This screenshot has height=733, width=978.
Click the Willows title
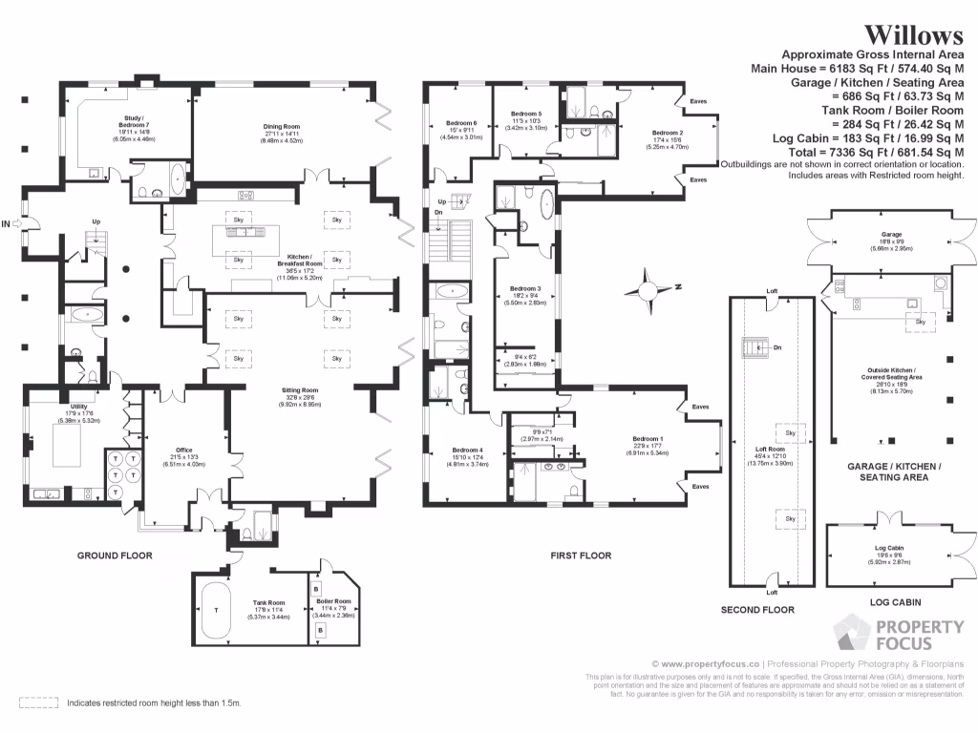point(914,35)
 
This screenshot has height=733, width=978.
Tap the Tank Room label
point(268,602)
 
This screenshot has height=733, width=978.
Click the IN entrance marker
point(8,224)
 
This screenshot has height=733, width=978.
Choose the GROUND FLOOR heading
point(115,555)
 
